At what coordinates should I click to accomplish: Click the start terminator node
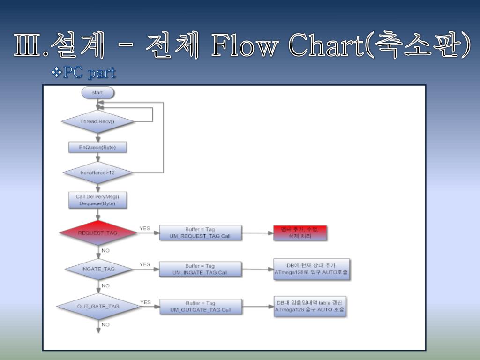tap(97, 92)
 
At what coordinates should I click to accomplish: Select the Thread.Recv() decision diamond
tap(97, 121)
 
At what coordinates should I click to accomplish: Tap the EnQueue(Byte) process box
tap(97, 147)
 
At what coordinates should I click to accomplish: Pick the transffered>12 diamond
tap(97, 172)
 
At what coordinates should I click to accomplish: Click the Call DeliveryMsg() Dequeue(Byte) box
tap(97, 200)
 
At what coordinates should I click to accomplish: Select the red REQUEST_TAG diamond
tap(97, 232)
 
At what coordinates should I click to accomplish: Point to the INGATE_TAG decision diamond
tap(98, 269)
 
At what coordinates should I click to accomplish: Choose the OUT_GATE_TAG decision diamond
tap(98, 306)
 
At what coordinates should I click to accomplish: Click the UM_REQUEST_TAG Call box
tap(200, 232)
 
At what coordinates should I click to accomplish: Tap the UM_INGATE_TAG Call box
tap(200, 269)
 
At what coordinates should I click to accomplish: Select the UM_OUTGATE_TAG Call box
tap(201, 307)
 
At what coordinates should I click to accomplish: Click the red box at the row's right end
tap(300, 233)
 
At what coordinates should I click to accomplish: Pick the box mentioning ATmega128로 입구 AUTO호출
tap(311, 269)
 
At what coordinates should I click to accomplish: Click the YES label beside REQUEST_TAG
tap(145, 228)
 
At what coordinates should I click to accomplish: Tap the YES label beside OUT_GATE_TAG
tap(146, 302)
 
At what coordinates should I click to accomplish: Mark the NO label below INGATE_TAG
tap(105, 285)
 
